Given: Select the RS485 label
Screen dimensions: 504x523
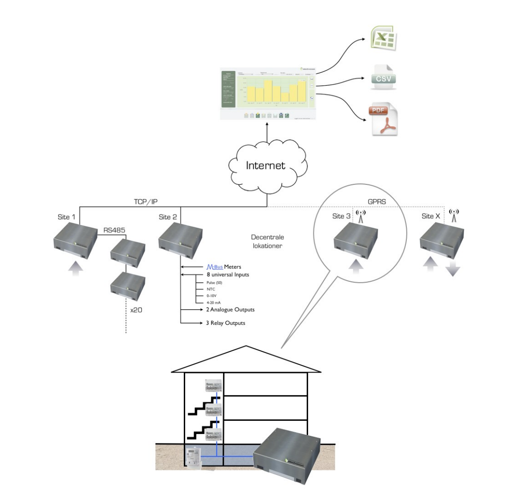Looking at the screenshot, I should click(114, 231).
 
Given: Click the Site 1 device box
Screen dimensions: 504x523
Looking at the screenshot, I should click(76, 241).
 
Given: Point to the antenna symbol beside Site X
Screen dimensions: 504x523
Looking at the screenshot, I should click(454, 216).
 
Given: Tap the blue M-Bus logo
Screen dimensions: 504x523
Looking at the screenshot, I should click(214, 267).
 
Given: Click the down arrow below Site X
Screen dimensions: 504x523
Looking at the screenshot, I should click(452, 270).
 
